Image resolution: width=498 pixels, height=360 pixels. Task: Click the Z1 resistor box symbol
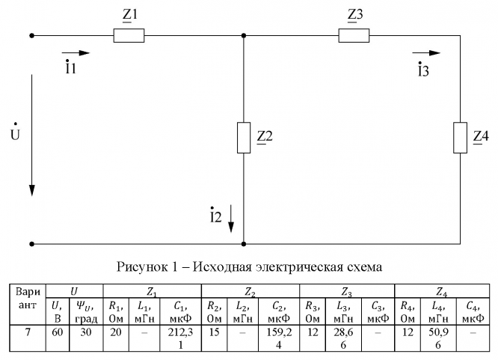128,34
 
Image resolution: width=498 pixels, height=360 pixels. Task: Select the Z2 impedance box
245,137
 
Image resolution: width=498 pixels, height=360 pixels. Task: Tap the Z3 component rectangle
354,34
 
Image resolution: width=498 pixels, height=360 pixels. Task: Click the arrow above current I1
76,53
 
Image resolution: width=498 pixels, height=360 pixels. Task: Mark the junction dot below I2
245,243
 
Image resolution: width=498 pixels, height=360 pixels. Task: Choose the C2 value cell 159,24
279,337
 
